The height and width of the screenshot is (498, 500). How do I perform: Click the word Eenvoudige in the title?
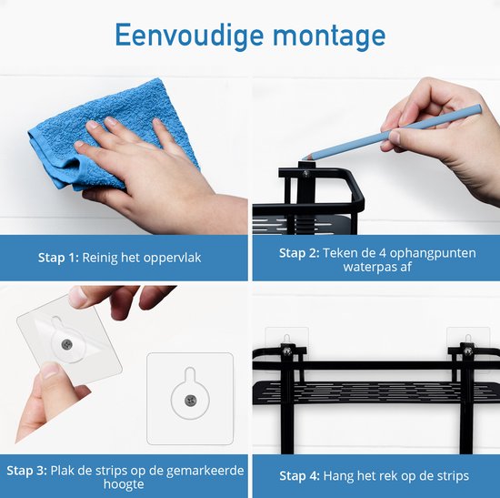189,36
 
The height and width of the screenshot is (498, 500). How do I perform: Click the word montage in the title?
329,36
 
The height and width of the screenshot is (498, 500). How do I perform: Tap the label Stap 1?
58,258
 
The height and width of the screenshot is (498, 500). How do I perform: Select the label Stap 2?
299,253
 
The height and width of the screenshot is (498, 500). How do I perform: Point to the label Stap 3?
26,471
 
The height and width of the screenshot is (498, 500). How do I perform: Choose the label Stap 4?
299,475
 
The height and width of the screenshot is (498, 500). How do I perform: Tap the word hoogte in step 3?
124,484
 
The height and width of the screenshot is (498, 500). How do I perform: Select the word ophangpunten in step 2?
433,254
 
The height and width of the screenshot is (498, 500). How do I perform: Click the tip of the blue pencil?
303,159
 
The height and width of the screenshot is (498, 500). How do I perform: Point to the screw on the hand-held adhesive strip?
66,344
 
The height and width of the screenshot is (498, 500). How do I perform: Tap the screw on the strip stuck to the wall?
190,401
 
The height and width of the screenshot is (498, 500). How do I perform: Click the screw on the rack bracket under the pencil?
306,174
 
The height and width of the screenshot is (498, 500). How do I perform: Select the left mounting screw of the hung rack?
287,351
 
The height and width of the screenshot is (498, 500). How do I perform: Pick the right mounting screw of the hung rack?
468,351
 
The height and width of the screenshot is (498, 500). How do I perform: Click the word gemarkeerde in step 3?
205,472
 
